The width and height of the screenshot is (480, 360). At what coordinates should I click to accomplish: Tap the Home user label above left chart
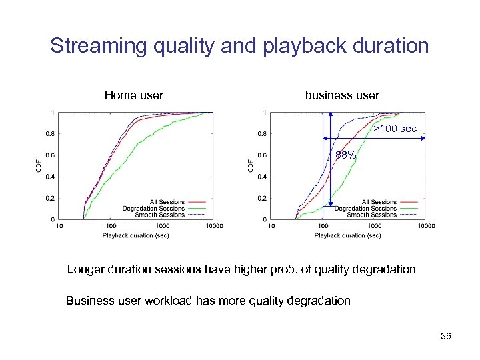133,95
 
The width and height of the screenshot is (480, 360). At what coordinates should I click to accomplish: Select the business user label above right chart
342,95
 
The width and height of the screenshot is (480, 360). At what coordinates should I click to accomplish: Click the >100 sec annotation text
395,127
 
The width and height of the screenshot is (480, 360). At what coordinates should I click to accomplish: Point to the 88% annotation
345,155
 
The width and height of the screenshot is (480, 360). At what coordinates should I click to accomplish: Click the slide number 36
446,336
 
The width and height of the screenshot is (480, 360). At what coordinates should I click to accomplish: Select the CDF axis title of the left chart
38,165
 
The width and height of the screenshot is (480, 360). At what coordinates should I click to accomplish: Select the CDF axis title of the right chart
250,165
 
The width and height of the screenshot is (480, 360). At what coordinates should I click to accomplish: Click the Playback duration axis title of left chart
136,235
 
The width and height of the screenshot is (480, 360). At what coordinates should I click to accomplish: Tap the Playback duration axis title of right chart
348,235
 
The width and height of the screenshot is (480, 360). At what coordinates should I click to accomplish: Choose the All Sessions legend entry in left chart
167,202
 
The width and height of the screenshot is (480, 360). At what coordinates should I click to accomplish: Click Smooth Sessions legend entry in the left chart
159,215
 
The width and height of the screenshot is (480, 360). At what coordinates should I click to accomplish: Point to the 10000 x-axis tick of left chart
213,226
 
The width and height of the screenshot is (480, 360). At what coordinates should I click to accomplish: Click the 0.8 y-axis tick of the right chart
263,134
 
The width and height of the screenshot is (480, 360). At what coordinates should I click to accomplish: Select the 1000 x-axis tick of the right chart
374,226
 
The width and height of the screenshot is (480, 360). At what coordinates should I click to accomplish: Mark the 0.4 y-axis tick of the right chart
263,177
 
